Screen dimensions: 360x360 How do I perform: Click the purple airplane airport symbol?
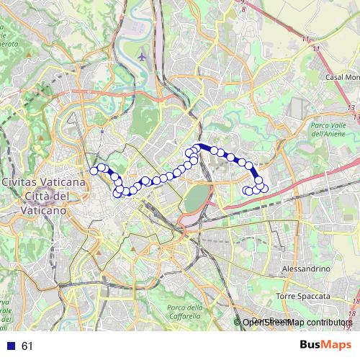point(142,55)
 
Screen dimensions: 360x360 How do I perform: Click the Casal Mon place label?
point(341,77)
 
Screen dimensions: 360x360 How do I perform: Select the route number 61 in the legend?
point(27,346)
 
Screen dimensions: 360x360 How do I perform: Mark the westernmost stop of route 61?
point(93,171)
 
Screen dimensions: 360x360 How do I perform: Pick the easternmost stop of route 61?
point(264,189)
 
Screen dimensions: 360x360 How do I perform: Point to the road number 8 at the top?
point(243,9)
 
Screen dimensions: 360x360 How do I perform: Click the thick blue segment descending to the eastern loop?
point(256,175)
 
